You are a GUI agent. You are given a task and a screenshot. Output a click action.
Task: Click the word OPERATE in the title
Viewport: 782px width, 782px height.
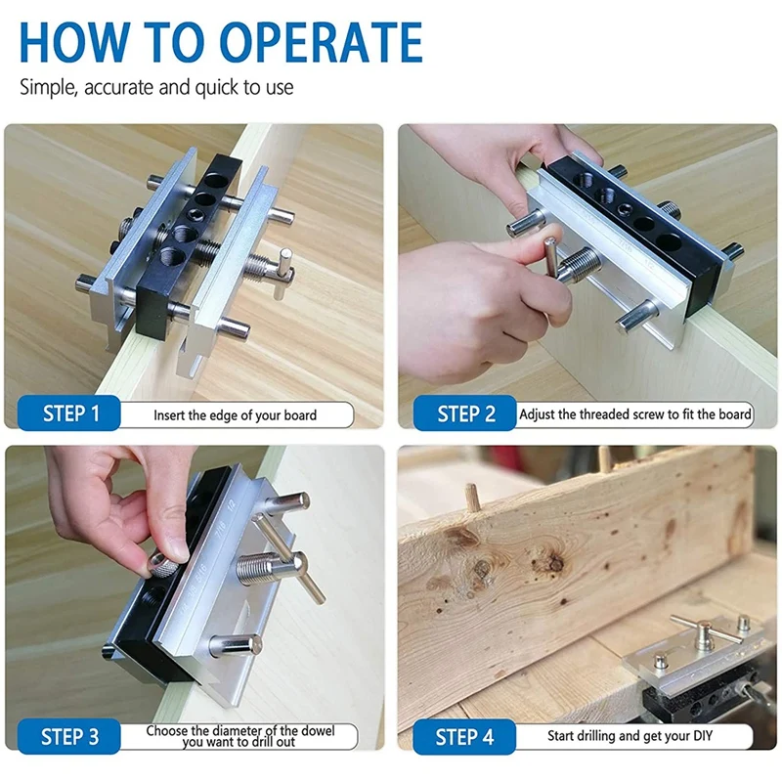(x=321, y=42)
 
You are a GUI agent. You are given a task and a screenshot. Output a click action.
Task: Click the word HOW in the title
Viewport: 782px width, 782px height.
(x=74, y=42)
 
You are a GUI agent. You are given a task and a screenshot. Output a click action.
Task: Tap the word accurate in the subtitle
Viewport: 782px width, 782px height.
(x=118, y=87)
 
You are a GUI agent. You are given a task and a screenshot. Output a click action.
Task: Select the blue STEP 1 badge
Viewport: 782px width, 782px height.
(x=68, y=413)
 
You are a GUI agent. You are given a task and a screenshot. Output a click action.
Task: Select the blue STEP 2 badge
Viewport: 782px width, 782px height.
(x=465, y=413)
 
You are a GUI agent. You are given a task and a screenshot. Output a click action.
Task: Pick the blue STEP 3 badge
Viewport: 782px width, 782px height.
(x=68, y=737)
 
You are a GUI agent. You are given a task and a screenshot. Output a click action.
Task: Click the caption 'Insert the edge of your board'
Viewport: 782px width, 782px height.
(x=235, y=415)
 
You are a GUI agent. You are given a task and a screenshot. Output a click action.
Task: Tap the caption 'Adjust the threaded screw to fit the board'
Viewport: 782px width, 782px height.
(x=634, y=414)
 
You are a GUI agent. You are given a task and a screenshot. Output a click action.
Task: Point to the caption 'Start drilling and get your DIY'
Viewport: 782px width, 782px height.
(x=630, y=736)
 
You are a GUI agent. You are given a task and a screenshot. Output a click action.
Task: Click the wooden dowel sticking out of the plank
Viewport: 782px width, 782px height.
(x=472, y=498)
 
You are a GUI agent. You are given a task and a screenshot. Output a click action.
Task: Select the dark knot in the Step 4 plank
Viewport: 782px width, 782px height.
(x=554, y=564)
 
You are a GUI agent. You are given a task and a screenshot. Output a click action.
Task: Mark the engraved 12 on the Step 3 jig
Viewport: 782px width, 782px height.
(x=231, y=503)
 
